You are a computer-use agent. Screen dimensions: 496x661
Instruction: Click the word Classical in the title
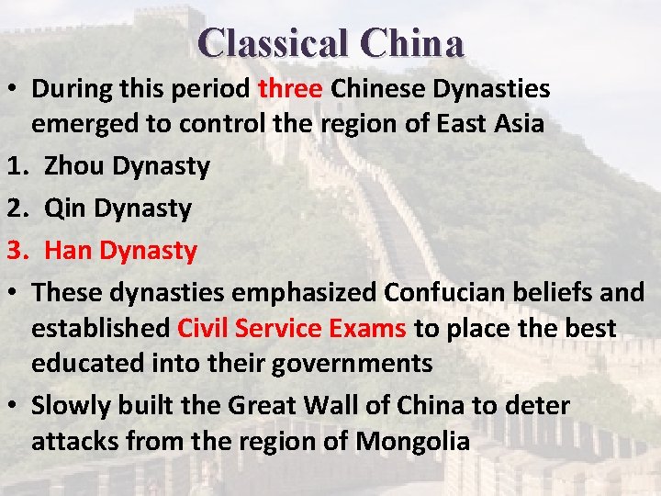(x=273, y=42)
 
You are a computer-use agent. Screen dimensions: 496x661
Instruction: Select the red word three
(x=291, y=89)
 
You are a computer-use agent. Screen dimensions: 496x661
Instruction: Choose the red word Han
(x=68, y=250)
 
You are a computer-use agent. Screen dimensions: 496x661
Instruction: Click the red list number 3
(x=13, y=250)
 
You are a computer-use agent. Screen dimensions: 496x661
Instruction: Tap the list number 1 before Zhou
(x=13, y=166)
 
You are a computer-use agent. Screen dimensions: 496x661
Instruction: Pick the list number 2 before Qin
(x=13, y=209)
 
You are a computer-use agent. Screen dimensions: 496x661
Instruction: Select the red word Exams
(x=371, y=328)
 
